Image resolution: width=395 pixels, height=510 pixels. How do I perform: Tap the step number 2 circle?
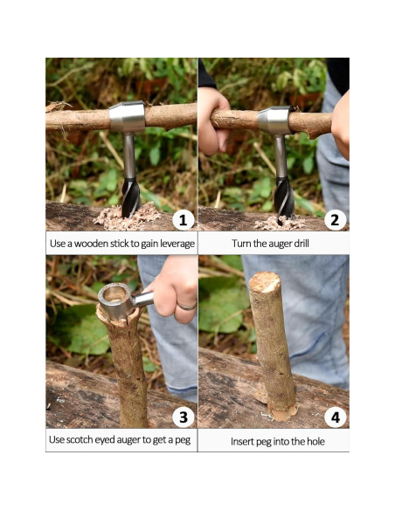pyautogui.click(x=336, y=219)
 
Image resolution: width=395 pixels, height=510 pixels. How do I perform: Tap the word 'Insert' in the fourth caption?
pyautogui.click(x=244, y=441)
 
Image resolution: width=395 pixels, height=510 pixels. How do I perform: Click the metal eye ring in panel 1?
pyautogui.click(x=128, y=117)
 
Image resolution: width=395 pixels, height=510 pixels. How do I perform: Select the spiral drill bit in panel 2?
pyautogui.click(x=283, y=196)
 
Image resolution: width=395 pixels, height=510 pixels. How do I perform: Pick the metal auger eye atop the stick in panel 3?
pyautogui.click(x=115, y=298)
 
